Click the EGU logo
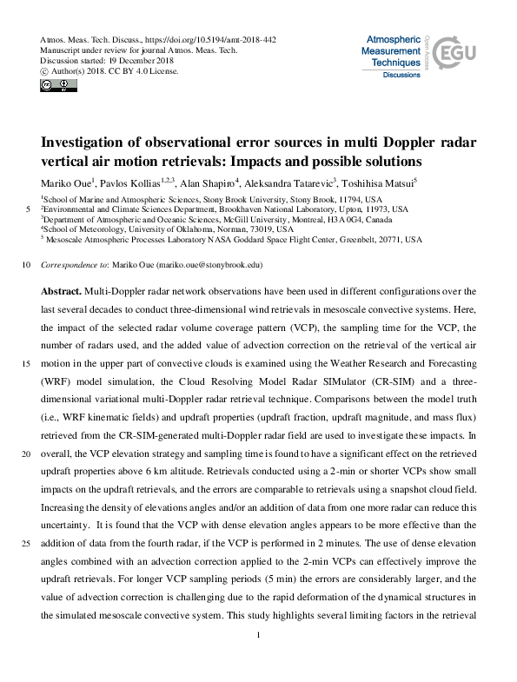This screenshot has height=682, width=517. click(x=457, y=54)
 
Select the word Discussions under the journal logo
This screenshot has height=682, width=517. click(x=401, y=76)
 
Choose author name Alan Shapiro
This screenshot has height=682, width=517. click(x=204, y=184)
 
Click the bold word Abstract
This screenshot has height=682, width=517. click(x=60, y=290)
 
